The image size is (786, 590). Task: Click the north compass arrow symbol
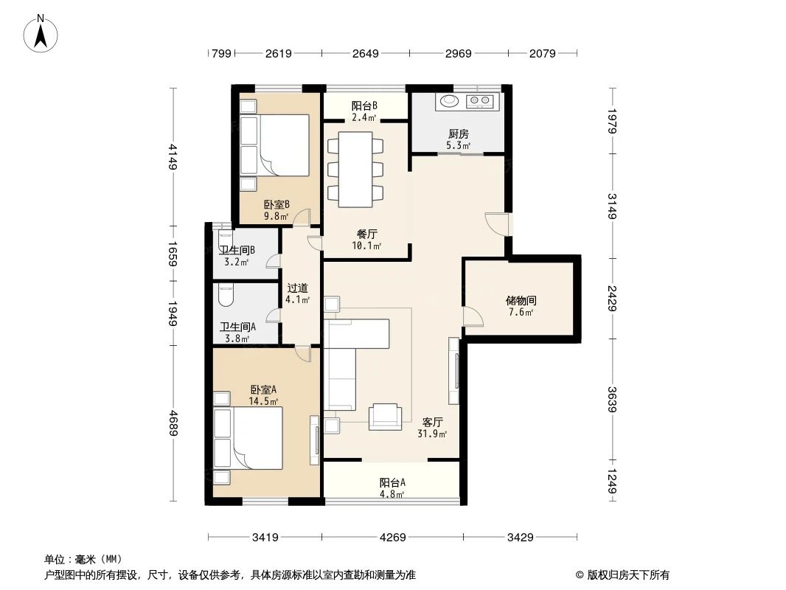(43, 33)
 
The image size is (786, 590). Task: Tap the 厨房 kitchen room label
(458, 134)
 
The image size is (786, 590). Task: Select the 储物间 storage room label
(521, 301)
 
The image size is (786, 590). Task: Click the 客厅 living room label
(433, 423)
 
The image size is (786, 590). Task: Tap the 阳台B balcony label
(364, 105)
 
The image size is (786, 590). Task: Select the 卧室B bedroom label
(277, 204)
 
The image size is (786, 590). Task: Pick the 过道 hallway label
(297, 288)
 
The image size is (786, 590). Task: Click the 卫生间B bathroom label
(237, 250)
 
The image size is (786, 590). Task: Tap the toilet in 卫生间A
(226, 296)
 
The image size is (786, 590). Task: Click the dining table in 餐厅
(355, 169)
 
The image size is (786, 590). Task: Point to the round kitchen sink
(448, 101)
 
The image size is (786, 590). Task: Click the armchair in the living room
(386, 417)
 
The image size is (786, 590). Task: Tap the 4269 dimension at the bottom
(394, 538)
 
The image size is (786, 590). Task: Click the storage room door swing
(473, 317)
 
